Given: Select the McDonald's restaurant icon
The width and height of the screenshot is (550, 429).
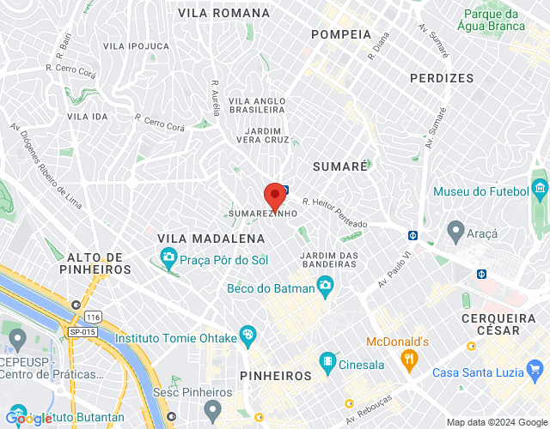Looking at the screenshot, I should tap(411, 359).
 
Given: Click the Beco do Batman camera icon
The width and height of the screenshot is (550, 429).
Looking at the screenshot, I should tap(325, 289).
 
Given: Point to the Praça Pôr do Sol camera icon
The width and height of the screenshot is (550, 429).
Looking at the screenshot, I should tap(168, 257).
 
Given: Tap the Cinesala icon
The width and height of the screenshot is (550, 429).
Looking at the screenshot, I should tap(327, 365).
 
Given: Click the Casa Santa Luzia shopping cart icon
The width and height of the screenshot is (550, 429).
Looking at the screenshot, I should tap(536, 372).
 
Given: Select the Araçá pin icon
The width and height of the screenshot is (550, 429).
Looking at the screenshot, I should tap(455, 231).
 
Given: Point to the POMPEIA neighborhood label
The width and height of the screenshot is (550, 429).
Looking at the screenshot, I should tap(341, 35).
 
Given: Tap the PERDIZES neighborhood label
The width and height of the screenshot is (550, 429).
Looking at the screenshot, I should tap(442, 78).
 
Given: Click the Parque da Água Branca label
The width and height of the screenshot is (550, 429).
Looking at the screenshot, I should tap(492, 20).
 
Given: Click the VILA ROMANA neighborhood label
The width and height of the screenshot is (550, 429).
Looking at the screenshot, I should tap(223, 13).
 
